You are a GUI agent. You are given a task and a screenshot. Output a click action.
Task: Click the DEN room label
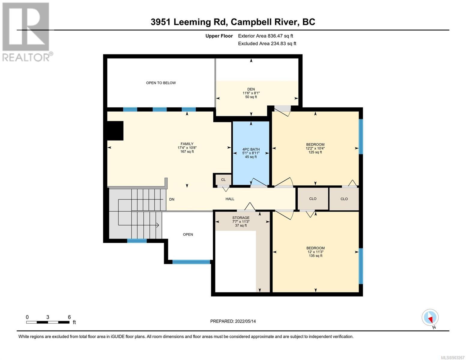click(x=251, y=89)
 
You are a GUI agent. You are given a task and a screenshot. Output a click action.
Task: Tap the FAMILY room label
click(x=187, y=144)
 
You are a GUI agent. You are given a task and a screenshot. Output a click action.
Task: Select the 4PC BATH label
click(x=251, y=149)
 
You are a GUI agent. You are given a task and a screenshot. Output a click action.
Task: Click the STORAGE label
click(x=241, y=217)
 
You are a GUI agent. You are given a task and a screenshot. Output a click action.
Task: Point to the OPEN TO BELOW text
click(x=161, y=83)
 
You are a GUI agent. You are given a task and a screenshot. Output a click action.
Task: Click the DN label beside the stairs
click(x=172, y=199)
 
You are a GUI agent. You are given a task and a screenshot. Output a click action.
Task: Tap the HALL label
click(x=230, y=199)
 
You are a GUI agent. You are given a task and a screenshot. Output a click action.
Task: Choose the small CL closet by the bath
click(x=223, y=180)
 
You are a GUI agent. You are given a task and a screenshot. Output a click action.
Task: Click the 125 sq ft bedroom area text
click(x=315, y=152)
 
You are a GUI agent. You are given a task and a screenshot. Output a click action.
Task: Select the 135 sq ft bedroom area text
click(x=315, y=256)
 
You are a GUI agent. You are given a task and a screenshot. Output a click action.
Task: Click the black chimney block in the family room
click(x=115, y=131)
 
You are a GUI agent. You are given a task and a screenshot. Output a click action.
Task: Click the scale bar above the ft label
click(x=48, y=322)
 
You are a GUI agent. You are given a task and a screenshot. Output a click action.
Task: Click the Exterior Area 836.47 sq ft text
click(x=266, y=36)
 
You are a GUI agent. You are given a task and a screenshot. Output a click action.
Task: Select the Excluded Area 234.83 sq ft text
click(x=267, y=43)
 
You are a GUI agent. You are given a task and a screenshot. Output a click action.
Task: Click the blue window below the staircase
click(x=137, y=241)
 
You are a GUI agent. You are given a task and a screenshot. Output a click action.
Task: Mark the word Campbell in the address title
click(x=248, y=22)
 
